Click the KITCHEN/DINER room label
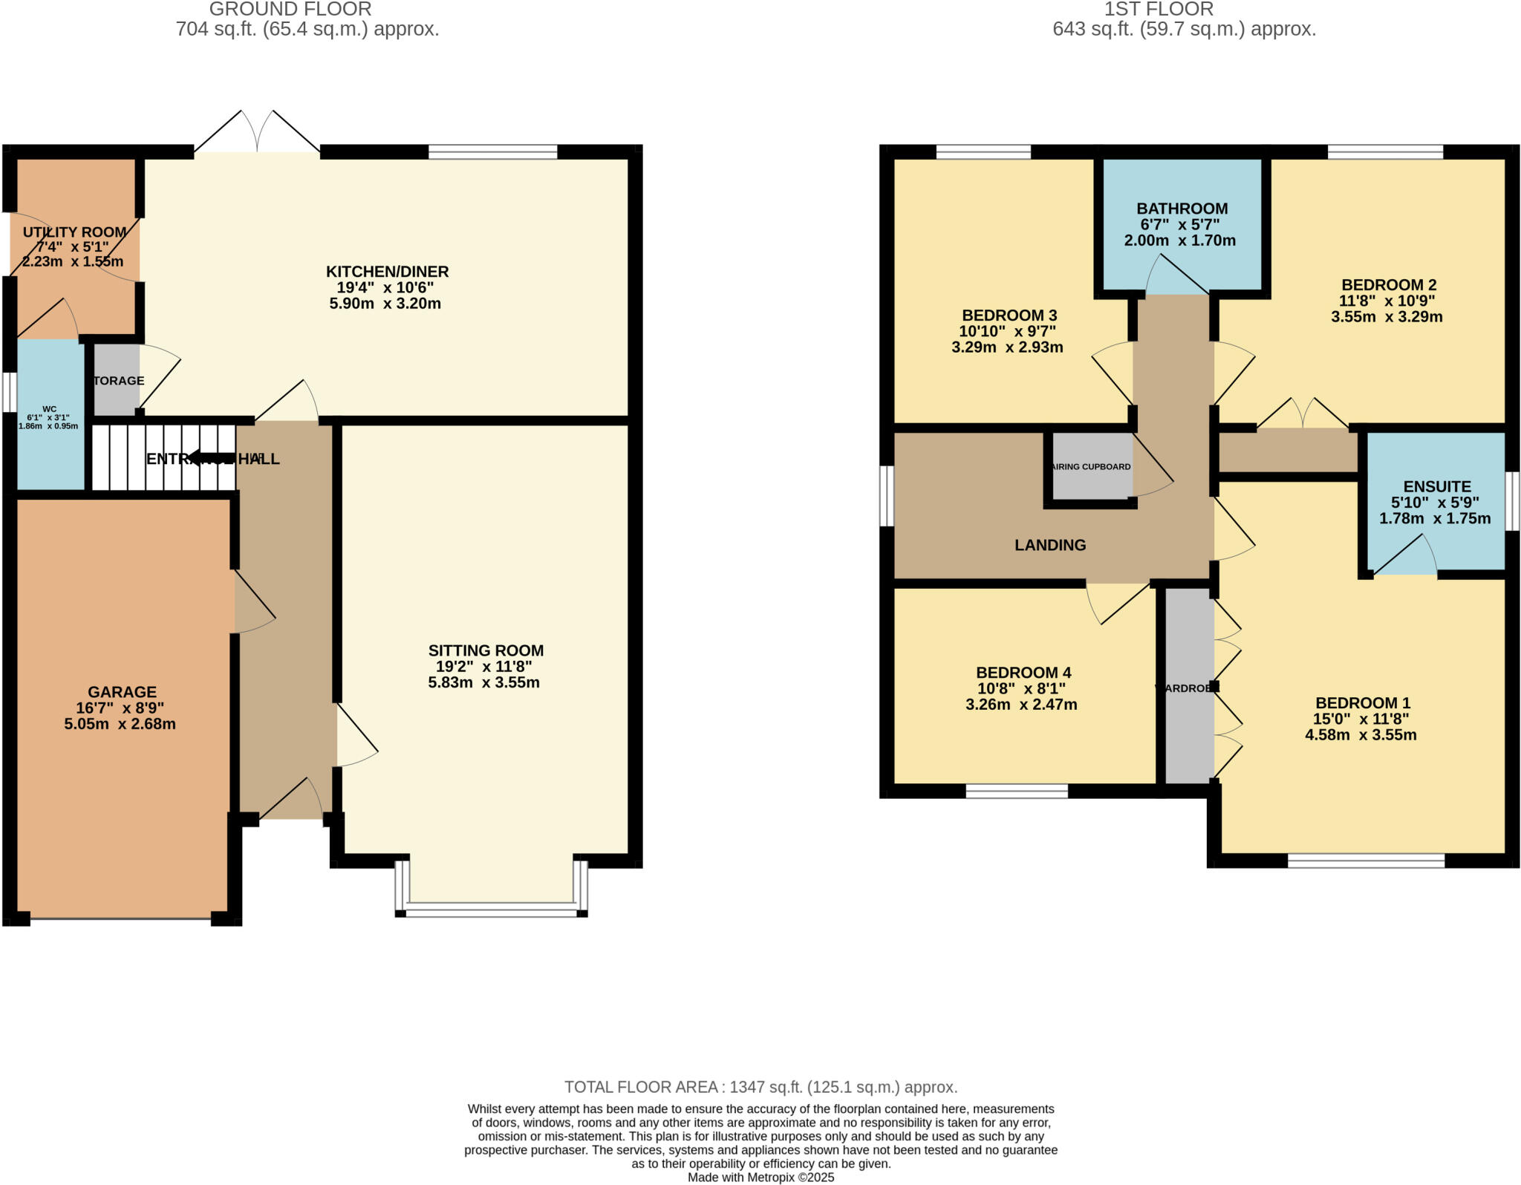tap(387, 272)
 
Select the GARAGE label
tap(122, 692)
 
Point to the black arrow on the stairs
tap(212, 457)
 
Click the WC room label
tap(49, 409)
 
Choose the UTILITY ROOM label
tap(74, 232)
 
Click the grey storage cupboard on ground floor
tap(116, 381)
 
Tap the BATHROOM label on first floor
tap(1182, 209)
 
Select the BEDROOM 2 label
tap(1388, 285)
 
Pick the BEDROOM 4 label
tap(1023, 673)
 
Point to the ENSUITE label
tap(1436, 486)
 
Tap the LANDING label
tap(1049, 545)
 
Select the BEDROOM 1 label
tap(1362, 703)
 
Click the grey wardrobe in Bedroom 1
tap(1188, 688)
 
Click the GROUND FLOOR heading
tap(290, 10)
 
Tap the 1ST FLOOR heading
tap(1158, 10)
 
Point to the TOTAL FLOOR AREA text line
tap(760, 1087)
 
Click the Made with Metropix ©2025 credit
tap(760, 1178)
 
